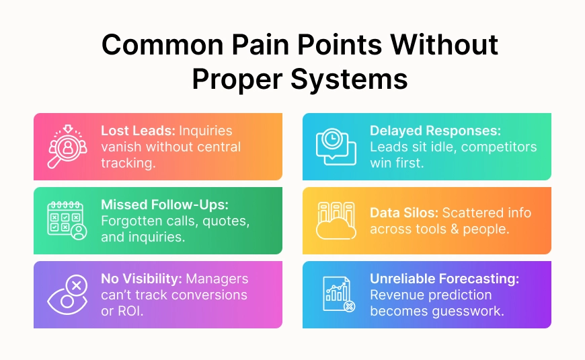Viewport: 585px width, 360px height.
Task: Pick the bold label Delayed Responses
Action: tap(434, 131)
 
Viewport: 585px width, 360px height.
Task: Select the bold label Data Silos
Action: tap(403, 213)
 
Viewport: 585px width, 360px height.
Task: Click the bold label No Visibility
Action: tap(141, 279)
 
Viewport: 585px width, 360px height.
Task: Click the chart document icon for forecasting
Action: tap(337, 295)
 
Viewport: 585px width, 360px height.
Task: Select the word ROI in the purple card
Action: tap(130, 310)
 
